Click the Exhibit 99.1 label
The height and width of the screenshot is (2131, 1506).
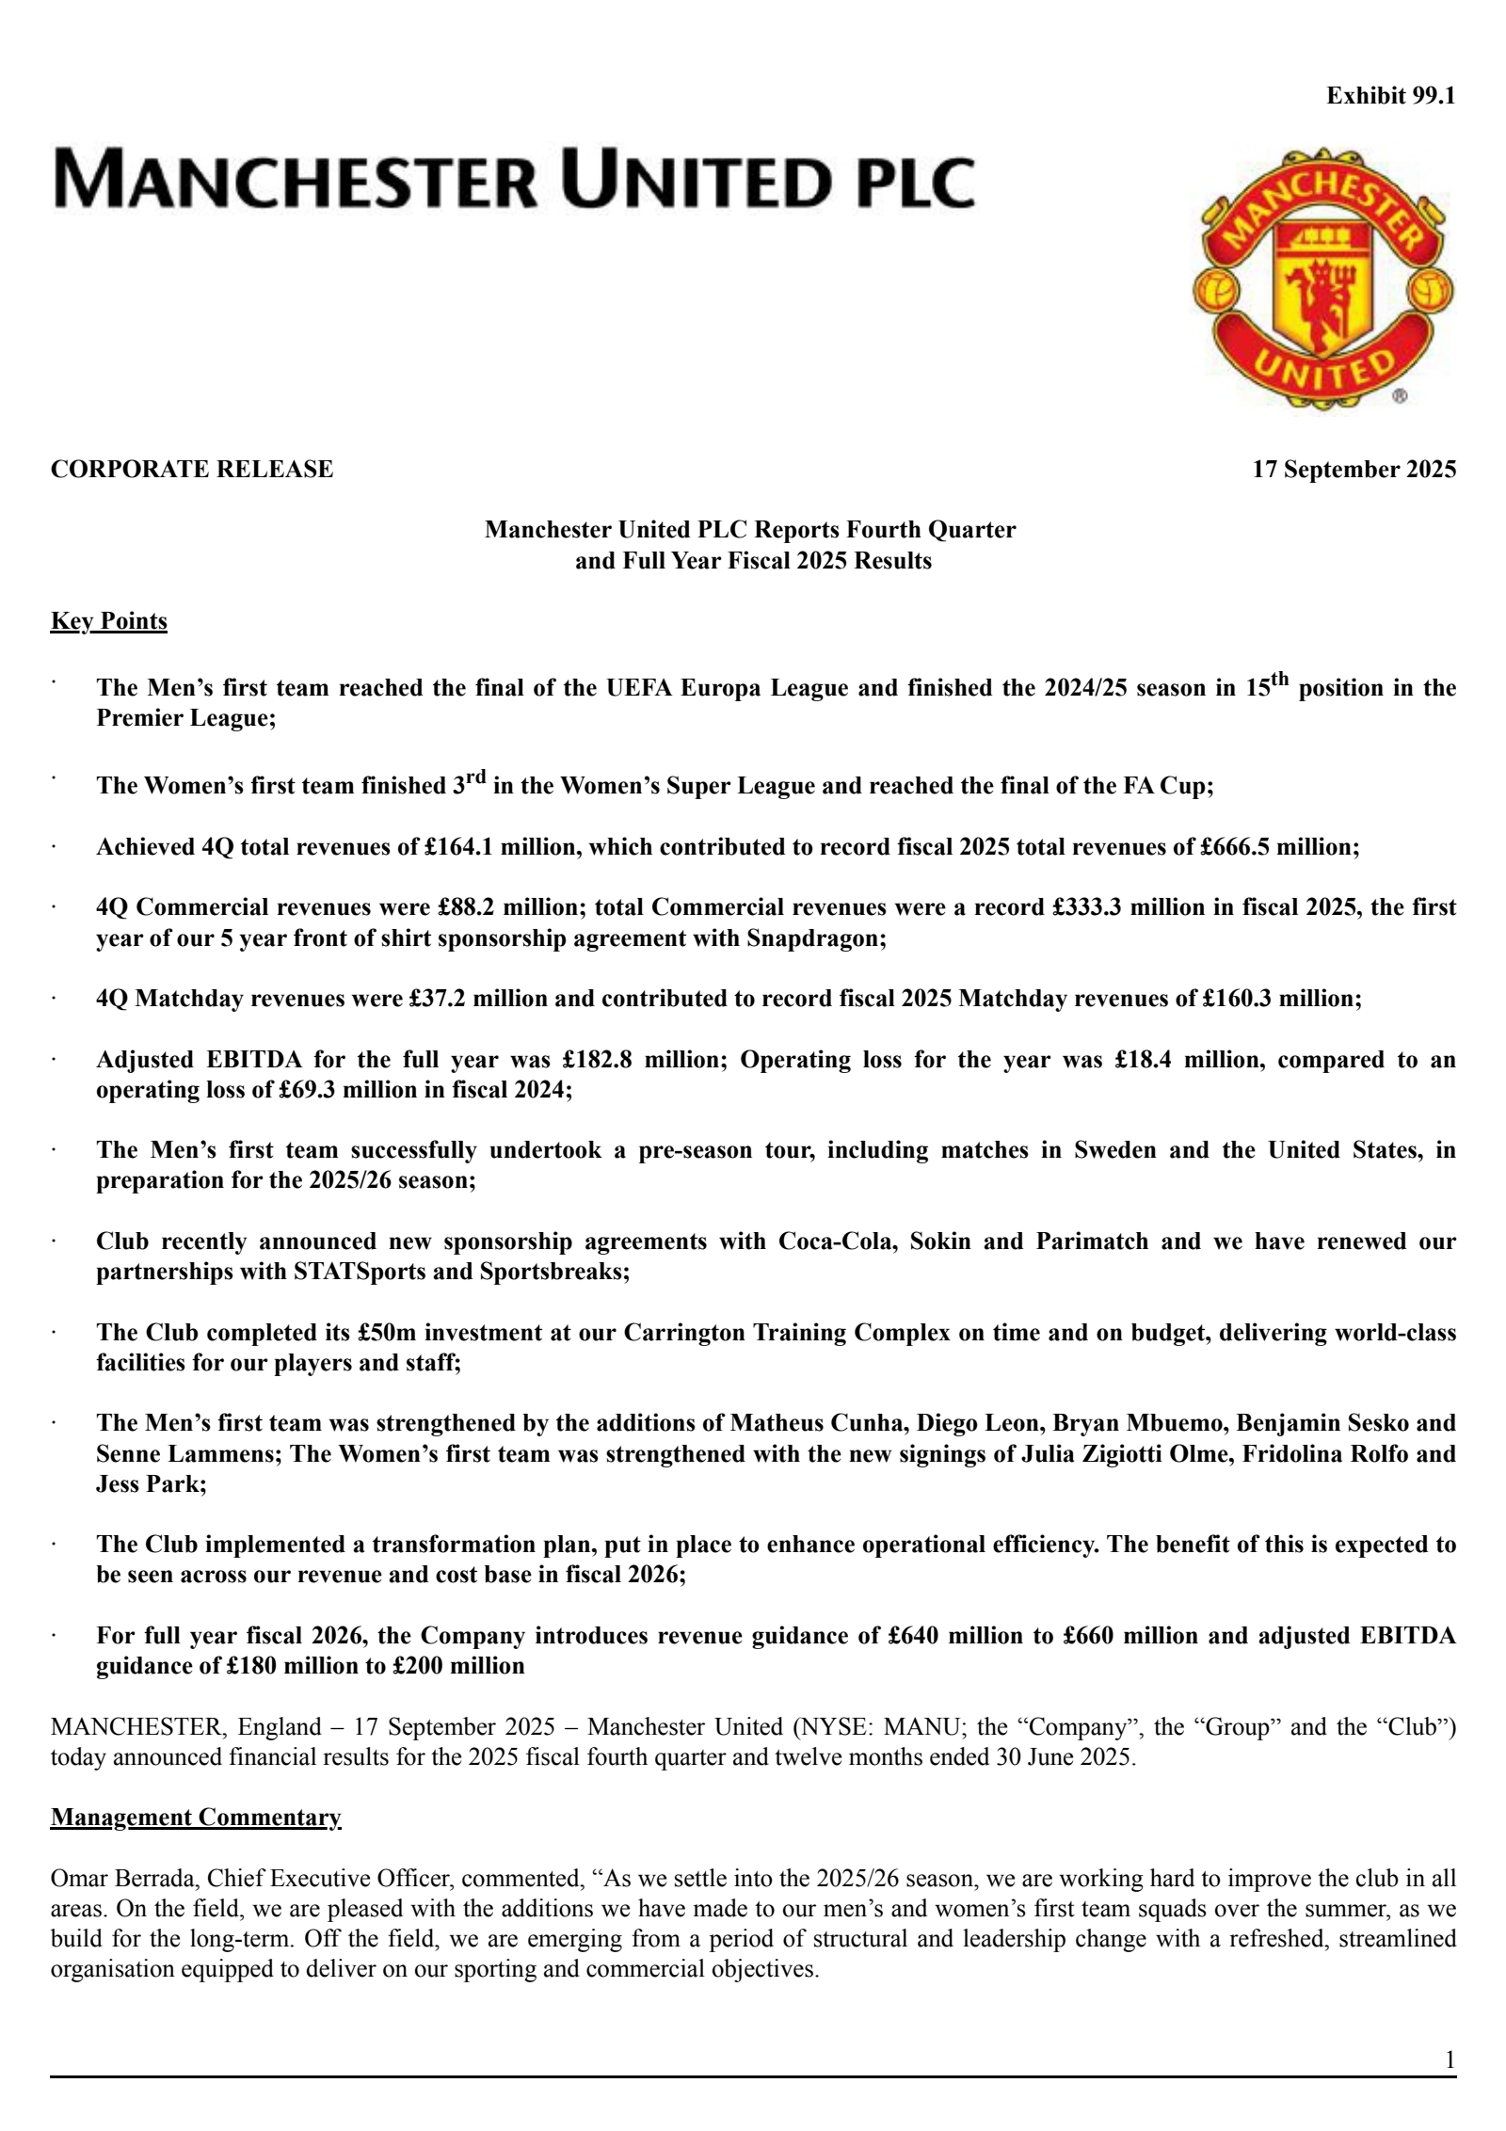1390,96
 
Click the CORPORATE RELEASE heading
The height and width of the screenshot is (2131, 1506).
192,469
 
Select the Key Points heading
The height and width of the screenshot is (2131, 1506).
109,621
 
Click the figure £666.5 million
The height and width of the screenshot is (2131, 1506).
1278,846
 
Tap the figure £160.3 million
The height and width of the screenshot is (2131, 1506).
1280,998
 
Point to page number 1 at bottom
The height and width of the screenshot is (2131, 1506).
1450,2060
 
